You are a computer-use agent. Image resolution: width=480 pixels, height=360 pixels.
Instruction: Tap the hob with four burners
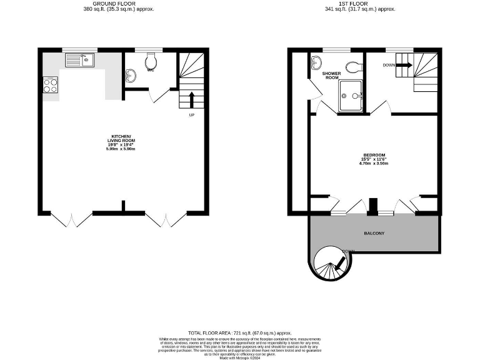point(50,84)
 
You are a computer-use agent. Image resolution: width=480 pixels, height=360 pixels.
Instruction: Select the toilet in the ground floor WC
point(150,61)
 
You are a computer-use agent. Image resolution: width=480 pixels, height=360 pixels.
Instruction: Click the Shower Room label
point(331,76)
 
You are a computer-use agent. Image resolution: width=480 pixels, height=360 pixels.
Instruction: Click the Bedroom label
point(374,155)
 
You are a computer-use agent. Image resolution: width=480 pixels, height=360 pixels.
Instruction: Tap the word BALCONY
point(374,233)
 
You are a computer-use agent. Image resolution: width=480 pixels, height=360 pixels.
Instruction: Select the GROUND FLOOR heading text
point(119,4)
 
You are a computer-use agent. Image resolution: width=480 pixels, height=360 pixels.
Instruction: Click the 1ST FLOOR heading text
point(360,4)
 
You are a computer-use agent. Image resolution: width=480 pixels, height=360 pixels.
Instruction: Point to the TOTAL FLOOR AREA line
point(240,334)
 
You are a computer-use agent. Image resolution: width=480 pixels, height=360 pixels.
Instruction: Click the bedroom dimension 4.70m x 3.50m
point(374,165)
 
